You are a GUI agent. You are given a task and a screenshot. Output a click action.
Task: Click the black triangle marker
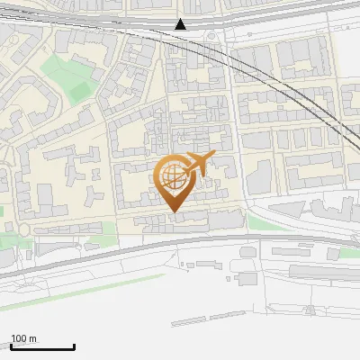[x=181, y=24]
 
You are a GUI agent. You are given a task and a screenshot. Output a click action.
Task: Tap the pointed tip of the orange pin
[x=174, y=211]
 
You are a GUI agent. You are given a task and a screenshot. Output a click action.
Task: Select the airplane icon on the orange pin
[x=198, y=164]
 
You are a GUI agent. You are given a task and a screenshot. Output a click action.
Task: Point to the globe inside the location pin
[x=172, y=176]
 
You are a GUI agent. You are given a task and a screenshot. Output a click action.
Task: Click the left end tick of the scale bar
[x=11, y=347]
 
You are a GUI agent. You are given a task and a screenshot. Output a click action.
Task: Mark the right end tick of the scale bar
[x=74, y=347]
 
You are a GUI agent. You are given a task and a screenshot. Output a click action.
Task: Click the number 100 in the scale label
[x=19, y=338]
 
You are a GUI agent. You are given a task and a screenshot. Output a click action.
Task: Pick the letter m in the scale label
[x=32, y=338]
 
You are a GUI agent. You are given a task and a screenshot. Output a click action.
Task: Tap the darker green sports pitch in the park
[x=79, y=90]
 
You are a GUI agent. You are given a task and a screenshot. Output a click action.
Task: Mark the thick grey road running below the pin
[x=180, y=240]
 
